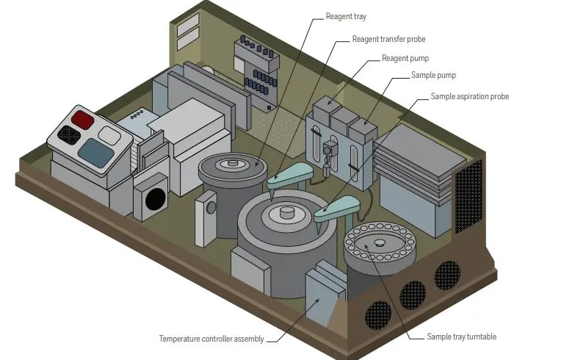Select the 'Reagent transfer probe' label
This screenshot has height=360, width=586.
(388, 39)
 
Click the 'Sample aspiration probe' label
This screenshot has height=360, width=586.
(469, 96)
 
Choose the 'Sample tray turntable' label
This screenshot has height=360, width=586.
(461, 336)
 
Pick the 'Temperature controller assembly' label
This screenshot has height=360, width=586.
(211, 339)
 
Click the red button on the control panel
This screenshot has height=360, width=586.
(82, 119)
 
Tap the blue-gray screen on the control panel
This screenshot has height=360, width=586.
(95, 150)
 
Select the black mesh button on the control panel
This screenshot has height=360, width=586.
(68, 134)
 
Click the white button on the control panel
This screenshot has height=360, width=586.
(110, 134)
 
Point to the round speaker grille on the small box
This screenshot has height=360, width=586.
(155, 198)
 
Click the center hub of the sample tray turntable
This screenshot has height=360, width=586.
(380, 242)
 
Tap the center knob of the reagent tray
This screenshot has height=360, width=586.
(234, 163)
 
